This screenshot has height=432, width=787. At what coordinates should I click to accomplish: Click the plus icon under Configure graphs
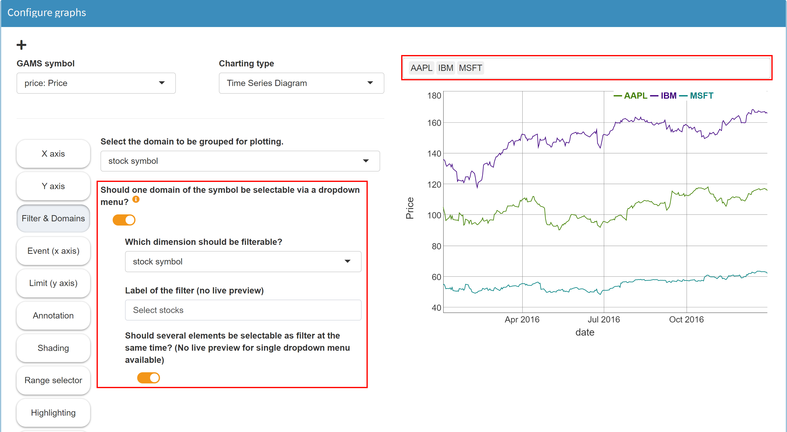coord(21,45)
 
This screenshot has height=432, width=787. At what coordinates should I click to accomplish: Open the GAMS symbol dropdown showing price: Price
coord(96,83)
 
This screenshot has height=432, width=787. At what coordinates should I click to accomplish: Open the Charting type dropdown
coord(301,83)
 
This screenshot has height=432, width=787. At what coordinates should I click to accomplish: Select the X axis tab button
coord(53,154)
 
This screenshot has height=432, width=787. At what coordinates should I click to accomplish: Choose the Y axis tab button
coord(53,186)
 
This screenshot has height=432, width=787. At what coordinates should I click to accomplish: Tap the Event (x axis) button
coord(53,251)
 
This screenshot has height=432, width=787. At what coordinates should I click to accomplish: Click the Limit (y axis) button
coord(53,283)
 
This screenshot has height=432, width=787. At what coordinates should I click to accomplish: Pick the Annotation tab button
coord(53,316)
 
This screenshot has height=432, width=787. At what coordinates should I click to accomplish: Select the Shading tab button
coord(53,348)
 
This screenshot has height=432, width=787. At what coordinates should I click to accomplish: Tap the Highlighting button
coord(53,413)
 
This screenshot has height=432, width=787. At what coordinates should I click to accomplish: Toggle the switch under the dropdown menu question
coord(124,220)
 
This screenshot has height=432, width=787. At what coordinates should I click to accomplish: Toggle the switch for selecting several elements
coord(149,378)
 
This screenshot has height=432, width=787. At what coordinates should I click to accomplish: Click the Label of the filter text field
coord(243,310)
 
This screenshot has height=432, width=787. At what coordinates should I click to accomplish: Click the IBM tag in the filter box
coord(446,68)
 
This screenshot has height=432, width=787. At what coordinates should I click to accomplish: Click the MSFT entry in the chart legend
coord(701,96)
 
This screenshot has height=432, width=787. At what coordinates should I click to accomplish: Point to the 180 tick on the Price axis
coord(434,96)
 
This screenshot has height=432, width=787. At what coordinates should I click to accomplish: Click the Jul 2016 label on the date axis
coord(604,319)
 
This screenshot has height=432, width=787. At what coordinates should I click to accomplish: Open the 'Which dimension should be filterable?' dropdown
coord(243,262)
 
